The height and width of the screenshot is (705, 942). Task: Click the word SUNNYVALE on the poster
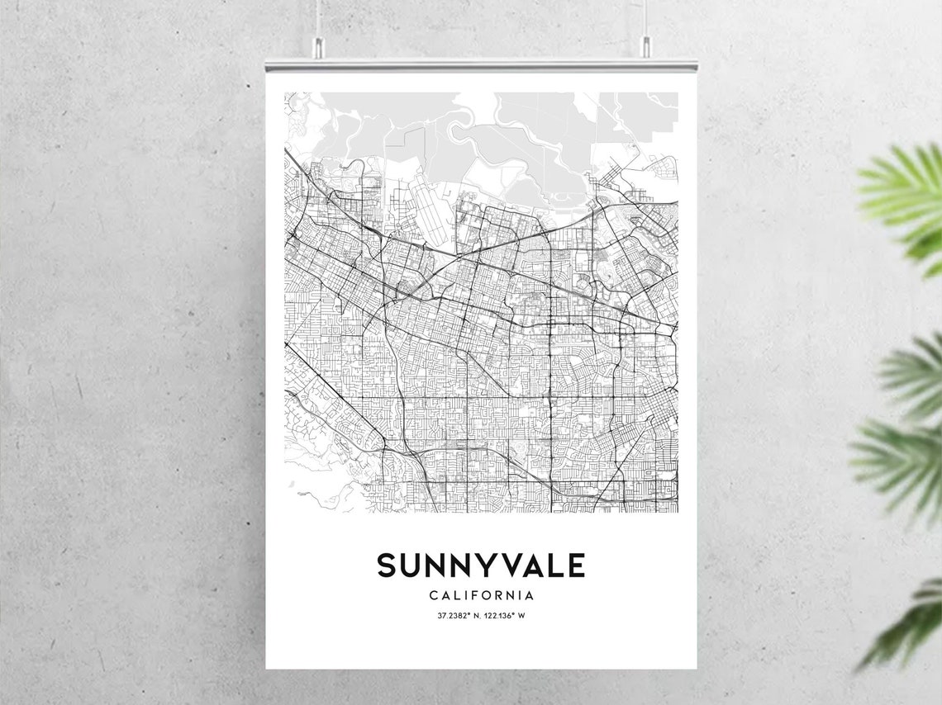point(481,565)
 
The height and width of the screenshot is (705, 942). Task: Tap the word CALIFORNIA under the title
point(481,595)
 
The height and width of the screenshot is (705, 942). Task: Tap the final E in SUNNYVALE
point(576,565)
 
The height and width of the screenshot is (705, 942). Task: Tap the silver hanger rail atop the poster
point(481,64)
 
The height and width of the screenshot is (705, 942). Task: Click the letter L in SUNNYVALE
point(553,565)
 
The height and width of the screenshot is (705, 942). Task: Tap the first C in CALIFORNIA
point(434,595)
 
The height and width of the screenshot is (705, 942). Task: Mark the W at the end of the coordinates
point(521,616)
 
